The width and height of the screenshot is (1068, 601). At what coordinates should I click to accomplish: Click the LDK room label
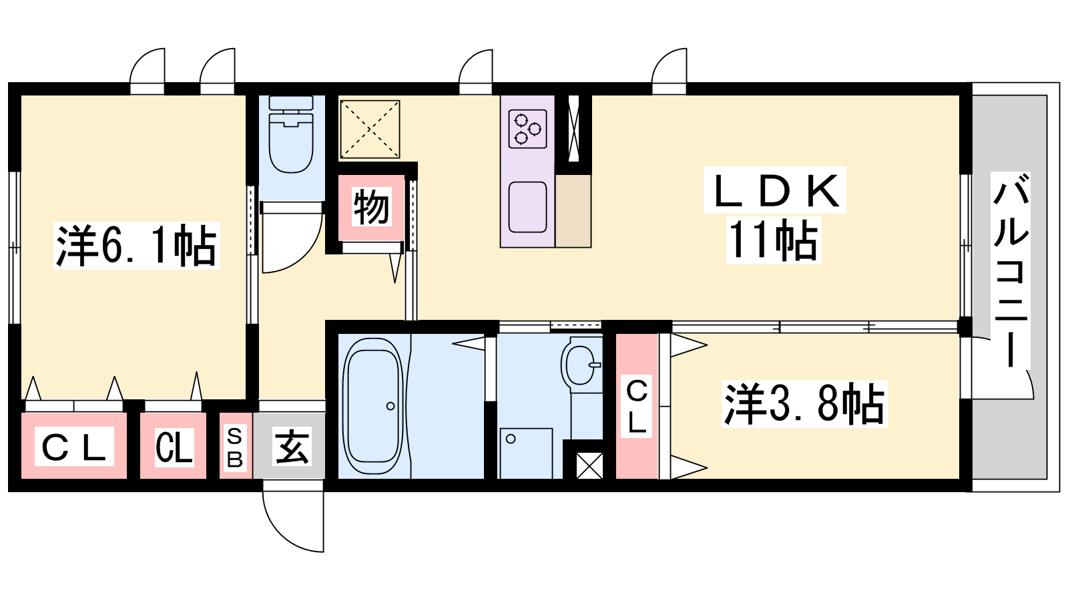[x=776, y=191]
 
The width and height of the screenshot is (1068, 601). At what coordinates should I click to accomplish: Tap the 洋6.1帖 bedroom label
[x=136, y=246]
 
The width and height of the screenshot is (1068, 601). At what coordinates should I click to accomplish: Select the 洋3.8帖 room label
[x=804, y=403]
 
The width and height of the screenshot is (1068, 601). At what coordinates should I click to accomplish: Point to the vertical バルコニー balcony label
[x=1011, y=270]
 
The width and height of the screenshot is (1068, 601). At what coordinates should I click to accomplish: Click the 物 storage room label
[x=371, y=207]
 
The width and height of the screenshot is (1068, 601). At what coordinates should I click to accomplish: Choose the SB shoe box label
[x=234, y=447]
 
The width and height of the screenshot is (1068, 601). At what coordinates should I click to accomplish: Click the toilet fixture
[x=291, y=134]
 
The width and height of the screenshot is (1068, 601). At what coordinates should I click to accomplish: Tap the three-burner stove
[x=527, y=128]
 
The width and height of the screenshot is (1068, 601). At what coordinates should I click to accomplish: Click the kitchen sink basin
[x=527, y=207]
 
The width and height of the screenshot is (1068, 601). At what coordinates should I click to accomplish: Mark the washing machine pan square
[x=526, y=453]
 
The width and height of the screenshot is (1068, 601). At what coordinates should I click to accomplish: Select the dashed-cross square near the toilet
[x=370, y=129]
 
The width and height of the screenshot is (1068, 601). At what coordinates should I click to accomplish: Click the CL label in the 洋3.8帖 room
[x=637, y=405]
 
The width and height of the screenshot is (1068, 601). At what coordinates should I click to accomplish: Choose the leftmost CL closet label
[x=74, y=447]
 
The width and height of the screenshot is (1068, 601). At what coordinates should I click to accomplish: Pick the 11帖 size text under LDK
[x=774, y=240]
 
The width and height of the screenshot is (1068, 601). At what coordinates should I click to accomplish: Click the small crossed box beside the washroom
[x=589, y=465]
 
